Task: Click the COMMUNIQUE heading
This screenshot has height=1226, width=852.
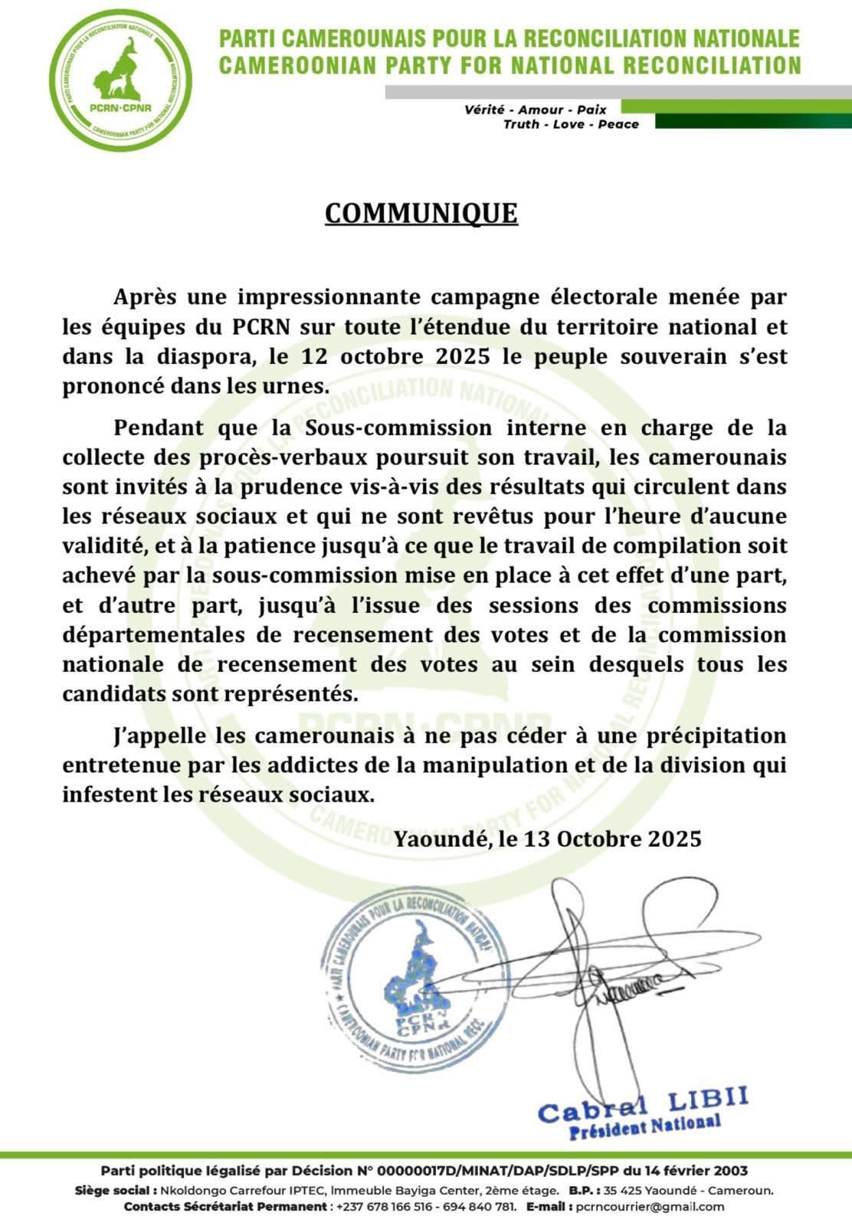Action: click(421, 213)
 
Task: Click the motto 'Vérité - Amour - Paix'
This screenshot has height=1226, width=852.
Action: click(535, 110)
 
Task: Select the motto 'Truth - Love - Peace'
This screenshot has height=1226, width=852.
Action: click(571, 124)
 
